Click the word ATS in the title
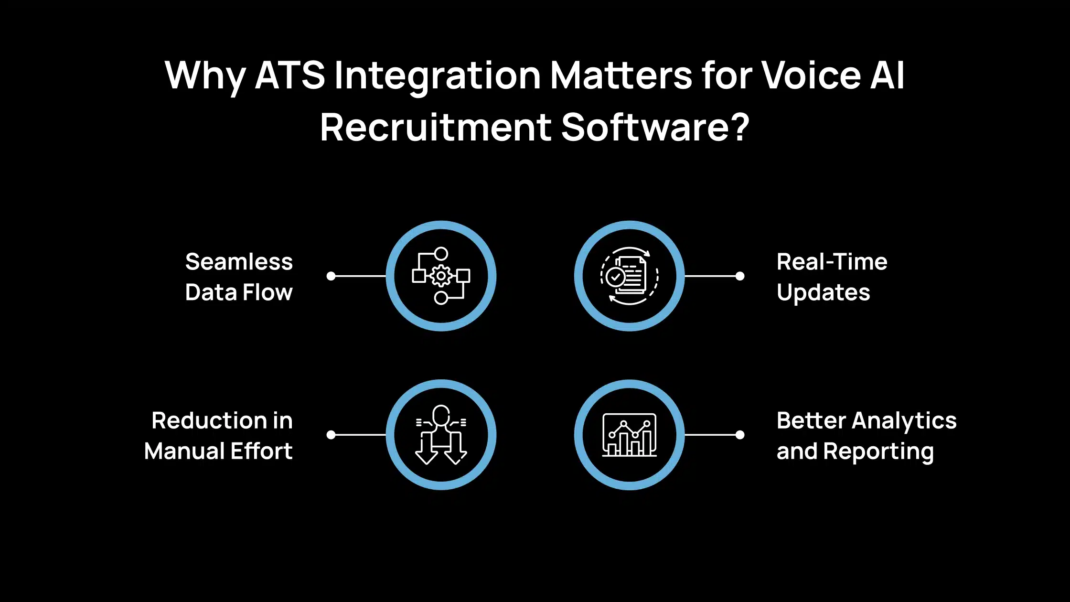tap(290, 75)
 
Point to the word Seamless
tap(239, 262)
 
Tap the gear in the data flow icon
tap(441, 276)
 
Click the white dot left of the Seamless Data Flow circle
tap(331, 276)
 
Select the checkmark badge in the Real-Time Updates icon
tap(615, 277)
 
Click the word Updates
tap(823, 292)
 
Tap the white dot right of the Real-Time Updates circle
tap(740, 276)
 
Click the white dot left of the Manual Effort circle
tap(331, 435)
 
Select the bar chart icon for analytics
tap(629, 435)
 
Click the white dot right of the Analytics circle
tap(740, 435)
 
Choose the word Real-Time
tap(832, 262)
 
